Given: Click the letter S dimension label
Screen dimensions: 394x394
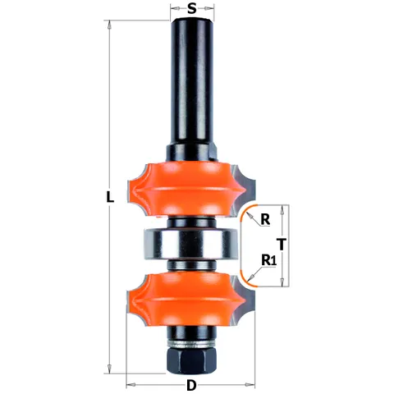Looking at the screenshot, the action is pyautogui.click(x=192, y=8).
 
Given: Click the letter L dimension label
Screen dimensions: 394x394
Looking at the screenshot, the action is pyautogui.click(x=110, y=197).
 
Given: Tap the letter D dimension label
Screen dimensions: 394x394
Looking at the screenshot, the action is pyautogui.click(x=191, y=386).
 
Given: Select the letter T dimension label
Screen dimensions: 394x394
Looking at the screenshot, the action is pyautogui.click(x=282, y=245).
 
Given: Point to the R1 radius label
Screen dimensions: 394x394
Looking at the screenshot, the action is pyautogui.click(x=269, y=260).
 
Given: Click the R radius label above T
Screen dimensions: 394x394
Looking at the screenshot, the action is pyautogui.click(x=265, y=219).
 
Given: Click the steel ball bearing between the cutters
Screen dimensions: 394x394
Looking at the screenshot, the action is pyautogui.click(x=187, y=244).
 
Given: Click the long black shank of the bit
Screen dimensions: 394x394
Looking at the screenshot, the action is pyautogui.click(x=191, y=82).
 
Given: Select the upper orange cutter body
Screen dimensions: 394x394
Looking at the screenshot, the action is pyautogui.click(x=186, y=189).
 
